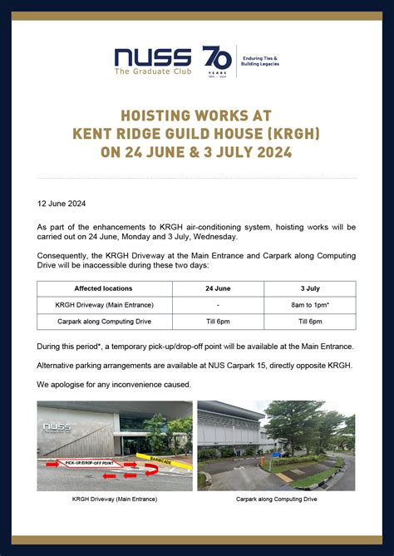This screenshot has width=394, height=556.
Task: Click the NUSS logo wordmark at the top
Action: (x=155, y=56)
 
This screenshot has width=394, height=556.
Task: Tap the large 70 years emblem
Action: (x=217, y=61)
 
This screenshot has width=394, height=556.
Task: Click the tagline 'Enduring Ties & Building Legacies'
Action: (x=260, y=61)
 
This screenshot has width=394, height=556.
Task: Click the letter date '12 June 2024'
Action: (x=62, y=203)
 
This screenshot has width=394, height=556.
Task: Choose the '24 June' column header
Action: (x=218, y=289)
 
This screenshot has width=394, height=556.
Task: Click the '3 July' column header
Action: (x=309, y=289)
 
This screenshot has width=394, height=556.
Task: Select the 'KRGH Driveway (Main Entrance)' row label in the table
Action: (x=104, y=305)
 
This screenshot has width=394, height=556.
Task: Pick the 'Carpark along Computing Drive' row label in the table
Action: (x=104, y=321)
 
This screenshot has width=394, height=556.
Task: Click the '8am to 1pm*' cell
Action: (x=309, y=305)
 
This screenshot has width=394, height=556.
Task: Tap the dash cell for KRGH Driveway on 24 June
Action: (x=218, y=305)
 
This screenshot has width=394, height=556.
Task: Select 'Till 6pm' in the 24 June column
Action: (x=218, y=321)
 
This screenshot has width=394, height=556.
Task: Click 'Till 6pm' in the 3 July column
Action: (x=309, y=321)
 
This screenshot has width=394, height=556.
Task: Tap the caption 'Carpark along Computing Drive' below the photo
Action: (x=275, y=499)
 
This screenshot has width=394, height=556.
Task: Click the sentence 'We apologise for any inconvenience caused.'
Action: (x=114, y=385)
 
